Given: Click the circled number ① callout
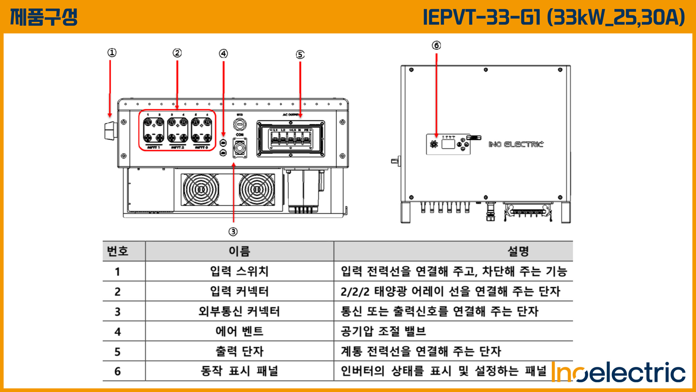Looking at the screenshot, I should [x=112, y=53].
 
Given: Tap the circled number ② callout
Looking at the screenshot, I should [x=177, y=53].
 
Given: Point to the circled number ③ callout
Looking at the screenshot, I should [x=233, y=232].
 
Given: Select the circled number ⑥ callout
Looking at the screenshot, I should [x=436, y=45].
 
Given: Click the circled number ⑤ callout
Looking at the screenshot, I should [x=300, y=54].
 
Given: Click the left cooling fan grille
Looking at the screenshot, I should [x=201, y=190].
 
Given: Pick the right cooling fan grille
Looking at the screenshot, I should [x=257, y=190].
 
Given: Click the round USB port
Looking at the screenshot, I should [x=240, y=125].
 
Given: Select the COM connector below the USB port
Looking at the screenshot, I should [x=240, y=148].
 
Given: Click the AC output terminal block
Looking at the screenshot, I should [x=291, y=139].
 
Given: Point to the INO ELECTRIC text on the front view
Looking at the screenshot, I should [x=516, y=144].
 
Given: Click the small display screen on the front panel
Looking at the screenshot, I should [x=448, y=144].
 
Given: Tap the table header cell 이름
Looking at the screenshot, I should [x=239, y=251].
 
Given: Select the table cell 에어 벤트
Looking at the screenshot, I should [x=239, y=331].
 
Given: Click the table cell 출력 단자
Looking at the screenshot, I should [x=239, y=351].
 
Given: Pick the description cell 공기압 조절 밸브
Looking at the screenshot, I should [x=383, y=331].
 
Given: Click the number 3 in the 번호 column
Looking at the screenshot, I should [x=117, y=311].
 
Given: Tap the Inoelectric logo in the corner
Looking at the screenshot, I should [x=619, y=372].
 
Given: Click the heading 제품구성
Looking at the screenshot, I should [x=44, y=17].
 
